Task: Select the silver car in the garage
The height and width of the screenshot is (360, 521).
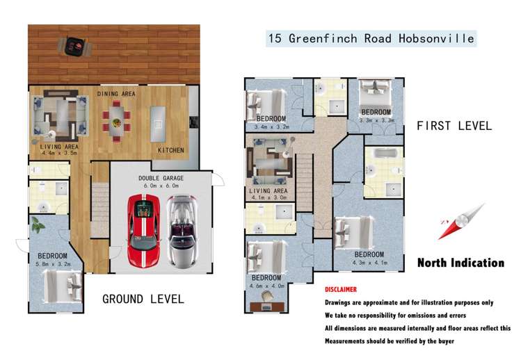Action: point(182,231)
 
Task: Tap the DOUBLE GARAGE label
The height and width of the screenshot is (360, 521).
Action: point(161,178)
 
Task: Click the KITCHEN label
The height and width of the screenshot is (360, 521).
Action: point(170,150)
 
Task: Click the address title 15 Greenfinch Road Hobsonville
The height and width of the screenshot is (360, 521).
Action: point(371,38)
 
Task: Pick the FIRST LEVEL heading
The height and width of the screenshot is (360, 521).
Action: point(454,126)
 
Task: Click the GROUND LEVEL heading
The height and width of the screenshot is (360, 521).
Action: point(143,299)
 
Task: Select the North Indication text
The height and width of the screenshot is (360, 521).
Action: point(460,263)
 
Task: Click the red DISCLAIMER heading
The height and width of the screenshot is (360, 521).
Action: point(341,289)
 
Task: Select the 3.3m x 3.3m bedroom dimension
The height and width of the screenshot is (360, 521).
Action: point(376,120)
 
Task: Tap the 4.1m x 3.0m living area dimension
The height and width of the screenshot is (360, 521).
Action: point(269,198)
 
